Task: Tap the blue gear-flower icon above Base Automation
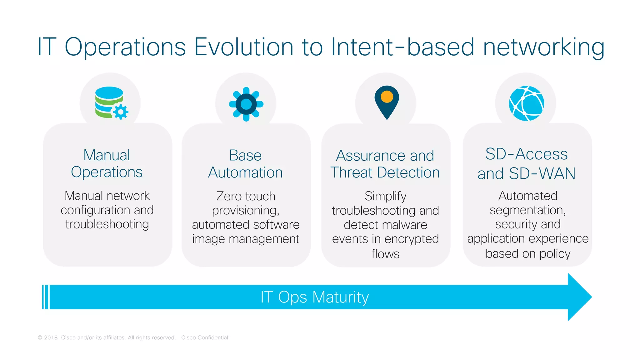[246, 104]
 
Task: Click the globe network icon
[527, 103]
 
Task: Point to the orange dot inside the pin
[387, 97]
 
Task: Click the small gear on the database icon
[121, 112]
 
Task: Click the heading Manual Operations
[107, 163]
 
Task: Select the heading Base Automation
[245, 164]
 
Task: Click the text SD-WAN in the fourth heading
[542, 173]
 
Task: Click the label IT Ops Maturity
[314, 297]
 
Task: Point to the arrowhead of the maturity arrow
[580, 297]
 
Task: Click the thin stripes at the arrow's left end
[46, 297]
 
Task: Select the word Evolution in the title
[244, 47]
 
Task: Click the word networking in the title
[544, 47]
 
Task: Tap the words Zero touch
[246, 196]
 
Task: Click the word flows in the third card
[385, 254]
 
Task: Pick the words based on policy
[528, 253]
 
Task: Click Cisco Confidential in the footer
[205, 337]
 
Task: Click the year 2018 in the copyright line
[51, 337]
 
